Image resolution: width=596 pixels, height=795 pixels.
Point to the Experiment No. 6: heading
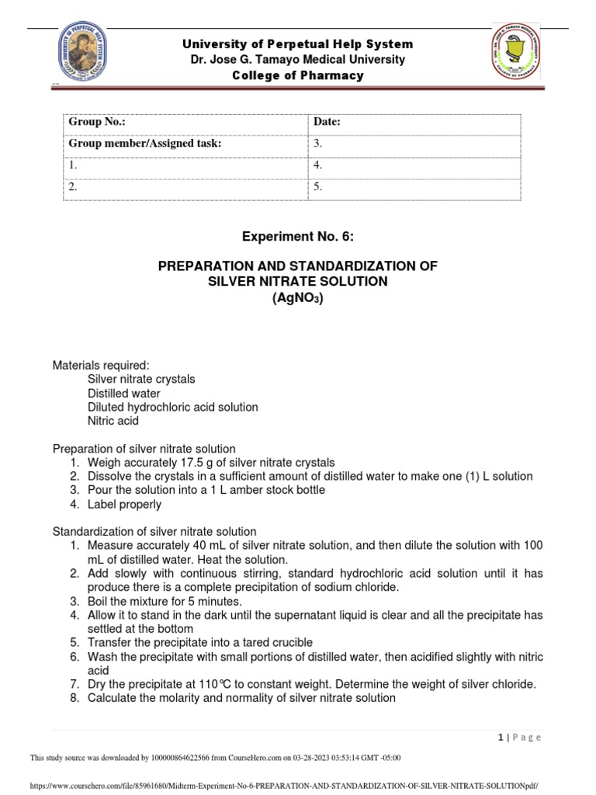click(x=298, y=237)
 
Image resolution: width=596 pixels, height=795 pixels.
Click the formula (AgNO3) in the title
click(x=298, y=297)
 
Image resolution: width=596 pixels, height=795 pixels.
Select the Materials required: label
click(x=100, y=365)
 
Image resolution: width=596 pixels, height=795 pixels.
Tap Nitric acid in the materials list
click(x=113, y=421)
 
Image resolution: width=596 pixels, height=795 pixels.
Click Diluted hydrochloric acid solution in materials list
click(x=173, y=407)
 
